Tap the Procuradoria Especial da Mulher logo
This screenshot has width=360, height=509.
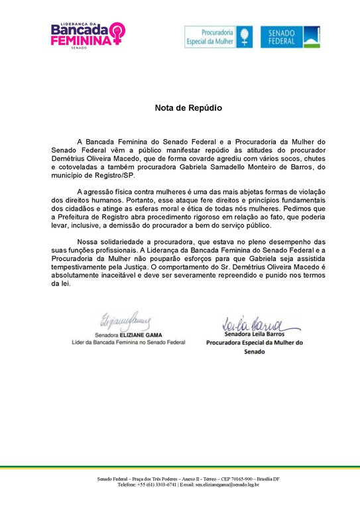[x=218, y=37]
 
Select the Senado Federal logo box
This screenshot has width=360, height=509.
[x=290, y=37]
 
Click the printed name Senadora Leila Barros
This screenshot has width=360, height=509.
[x=254, y=335]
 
